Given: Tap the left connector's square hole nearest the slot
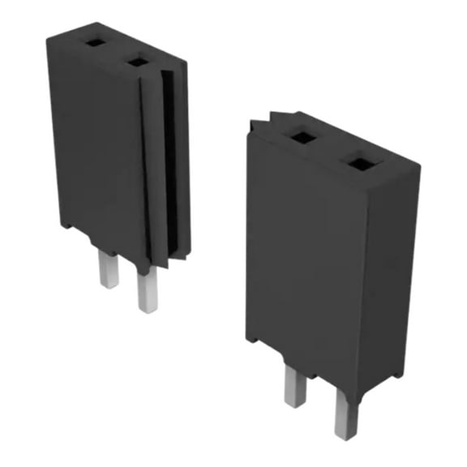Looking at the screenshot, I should click(x=139, y=62).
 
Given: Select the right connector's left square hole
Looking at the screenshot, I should click(x=303, y=137).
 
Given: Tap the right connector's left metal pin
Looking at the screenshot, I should click(x=293, y=384).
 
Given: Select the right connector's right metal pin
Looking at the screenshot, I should click(x=345, y=413).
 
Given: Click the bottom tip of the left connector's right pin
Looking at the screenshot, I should click(x=146, y=309).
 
